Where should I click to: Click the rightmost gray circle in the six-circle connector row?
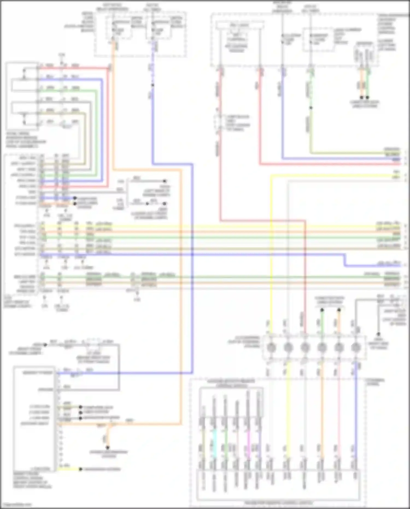tap(356, 347)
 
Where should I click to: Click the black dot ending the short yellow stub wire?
tap(81, 469)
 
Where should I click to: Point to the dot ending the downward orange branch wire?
tap(108, 448)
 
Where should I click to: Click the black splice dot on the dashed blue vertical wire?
tap(153, 85)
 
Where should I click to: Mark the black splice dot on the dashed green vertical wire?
tap(311, 108)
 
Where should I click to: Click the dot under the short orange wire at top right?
tap(361, 97)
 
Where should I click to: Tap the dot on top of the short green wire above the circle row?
tap(322, 310)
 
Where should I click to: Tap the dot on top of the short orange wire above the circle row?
tap(339, 310)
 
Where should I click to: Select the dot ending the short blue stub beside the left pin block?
tap(75, 198)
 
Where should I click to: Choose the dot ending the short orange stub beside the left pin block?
tap(75, 204)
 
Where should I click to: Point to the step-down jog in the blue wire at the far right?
tap(345, 260)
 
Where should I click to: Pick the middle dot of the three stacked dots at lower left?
tap(81, 413)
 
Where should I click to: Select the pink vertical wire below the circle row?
tap(339, 410)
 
